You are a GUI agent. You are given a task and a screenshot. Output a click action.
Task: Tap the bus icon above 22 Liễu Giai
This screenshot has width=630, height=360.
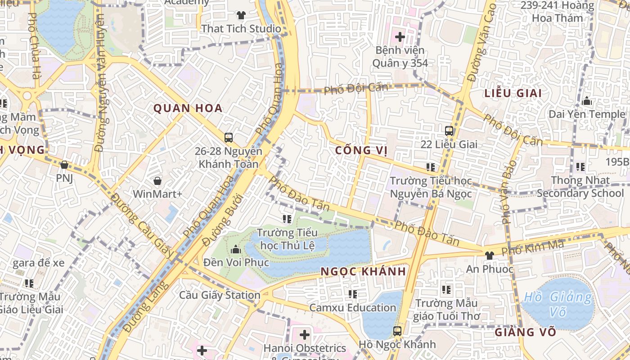click(449, 131)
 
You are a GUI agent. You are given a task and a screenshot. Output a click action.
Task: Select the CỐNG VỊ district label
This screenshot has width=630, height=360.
click(361, 150)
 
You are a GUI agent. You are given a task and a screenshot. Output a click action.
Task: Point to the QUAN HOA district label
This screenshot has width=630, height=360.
click(188, 108)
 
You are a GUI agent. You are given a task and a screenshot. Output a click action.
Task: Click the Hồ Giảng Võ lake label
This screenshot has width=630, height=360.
click(558, 304)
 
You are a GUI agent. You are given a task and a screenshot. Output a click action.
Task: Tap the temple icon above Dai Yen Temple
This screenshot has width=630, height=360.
click(586, 101)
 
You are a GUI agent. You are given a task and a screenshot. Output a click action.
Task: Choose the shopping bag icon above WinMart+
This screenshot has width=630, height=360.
click(157, 181)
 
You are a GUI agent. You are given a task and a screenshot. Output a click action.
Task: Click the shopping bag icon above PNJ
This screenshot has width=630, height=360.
click(64, 165)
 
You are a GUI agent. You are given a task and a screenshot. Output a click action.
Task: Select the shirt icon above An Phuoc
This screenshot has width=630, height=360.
click(490, 255)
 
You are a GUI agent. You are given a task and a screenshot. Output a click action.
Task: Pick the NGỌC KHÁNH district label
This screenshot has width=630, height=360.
click(363, 271)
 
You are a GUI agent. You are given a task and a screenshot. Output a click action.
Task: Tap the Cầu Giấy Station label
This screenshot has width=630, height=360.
click(220, 295)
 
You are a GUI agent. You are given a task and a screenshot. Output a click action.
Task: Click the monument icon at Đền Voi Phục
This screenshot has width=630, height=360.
click(236, 249)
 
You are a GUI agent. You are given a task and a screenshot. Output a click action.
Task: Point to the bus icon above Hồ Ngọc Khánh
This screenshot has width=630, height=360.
click(397, 331)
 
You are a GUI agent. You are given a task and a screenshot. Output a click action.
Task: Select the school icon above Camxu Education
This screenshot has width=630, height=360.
click(352, 294)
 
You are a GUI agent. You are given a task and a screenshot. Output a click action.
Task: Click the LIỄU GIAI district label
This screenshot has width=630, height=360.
click(513, 94)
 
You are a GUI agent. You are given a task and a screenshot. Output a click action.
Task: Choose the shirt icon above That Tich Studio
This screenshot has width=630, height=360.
click(241, 15)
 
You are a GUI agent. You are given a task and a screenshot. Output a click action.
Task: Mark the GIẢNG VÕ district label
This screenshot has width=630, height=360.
click(525, 333)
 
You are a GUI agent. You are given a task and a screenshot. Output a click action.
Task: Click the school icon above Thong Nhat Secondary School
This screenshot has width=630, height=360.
click(580, 167)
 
